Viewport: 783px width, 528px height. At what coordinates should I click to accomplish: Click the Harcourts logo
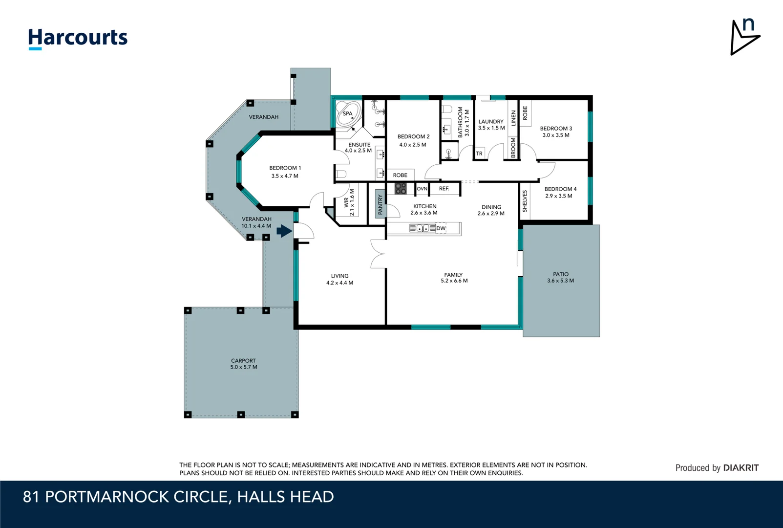coord(78,39)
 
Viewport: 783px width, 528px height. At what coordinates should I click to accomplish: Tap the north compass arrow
coord(745,37)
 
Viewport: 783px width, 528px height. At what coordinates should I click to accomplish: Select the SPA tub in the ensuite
coord(348,114)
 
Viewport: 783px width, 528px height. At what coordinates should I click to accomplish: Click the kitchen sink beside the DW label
coord(423,228)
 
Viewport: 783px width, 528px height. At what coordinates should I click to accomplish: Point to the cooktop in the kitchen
coord(401,188)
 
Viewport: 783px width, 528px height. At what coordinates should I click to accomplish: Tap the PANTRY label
coord(381,204)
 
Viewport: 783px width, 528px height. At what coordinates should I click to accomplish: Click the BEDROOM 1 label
coord(285,168)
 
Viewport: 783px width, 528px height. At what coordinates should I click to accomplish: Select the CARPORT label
coord(243,360)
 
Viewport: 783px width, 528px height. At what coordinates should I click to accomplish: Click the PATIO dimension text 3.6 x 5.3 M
coord(560,281)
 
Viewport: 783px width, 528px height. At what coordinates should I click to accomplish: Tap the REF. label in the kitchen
coord(444,189)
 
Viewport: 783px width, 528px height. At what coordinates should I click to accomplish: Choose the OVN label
coord(422,189)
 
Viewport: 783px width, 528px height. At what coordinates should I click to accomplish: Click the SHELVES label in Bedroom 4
coord(525,201)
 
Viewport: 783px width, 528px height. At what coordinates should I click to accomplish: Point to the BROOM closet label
coord(513,147)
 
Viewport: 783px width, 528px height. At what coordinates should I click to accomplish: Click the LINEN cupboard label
coord(513,118)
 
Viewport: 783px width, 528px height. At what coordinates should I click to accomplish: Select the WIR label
coord(346,202)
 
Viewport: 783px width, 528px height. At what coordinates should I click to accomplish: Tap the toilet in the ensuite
coord(341,174)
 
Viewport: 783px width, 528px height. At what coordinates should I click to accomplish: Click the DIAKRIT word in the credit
coord(741,468)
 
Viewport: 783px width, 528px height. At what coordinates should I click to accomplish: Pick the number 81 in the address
coord(31,497)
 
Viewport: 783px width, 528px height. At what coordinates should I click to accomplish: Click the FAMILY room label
coord(453,275)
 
